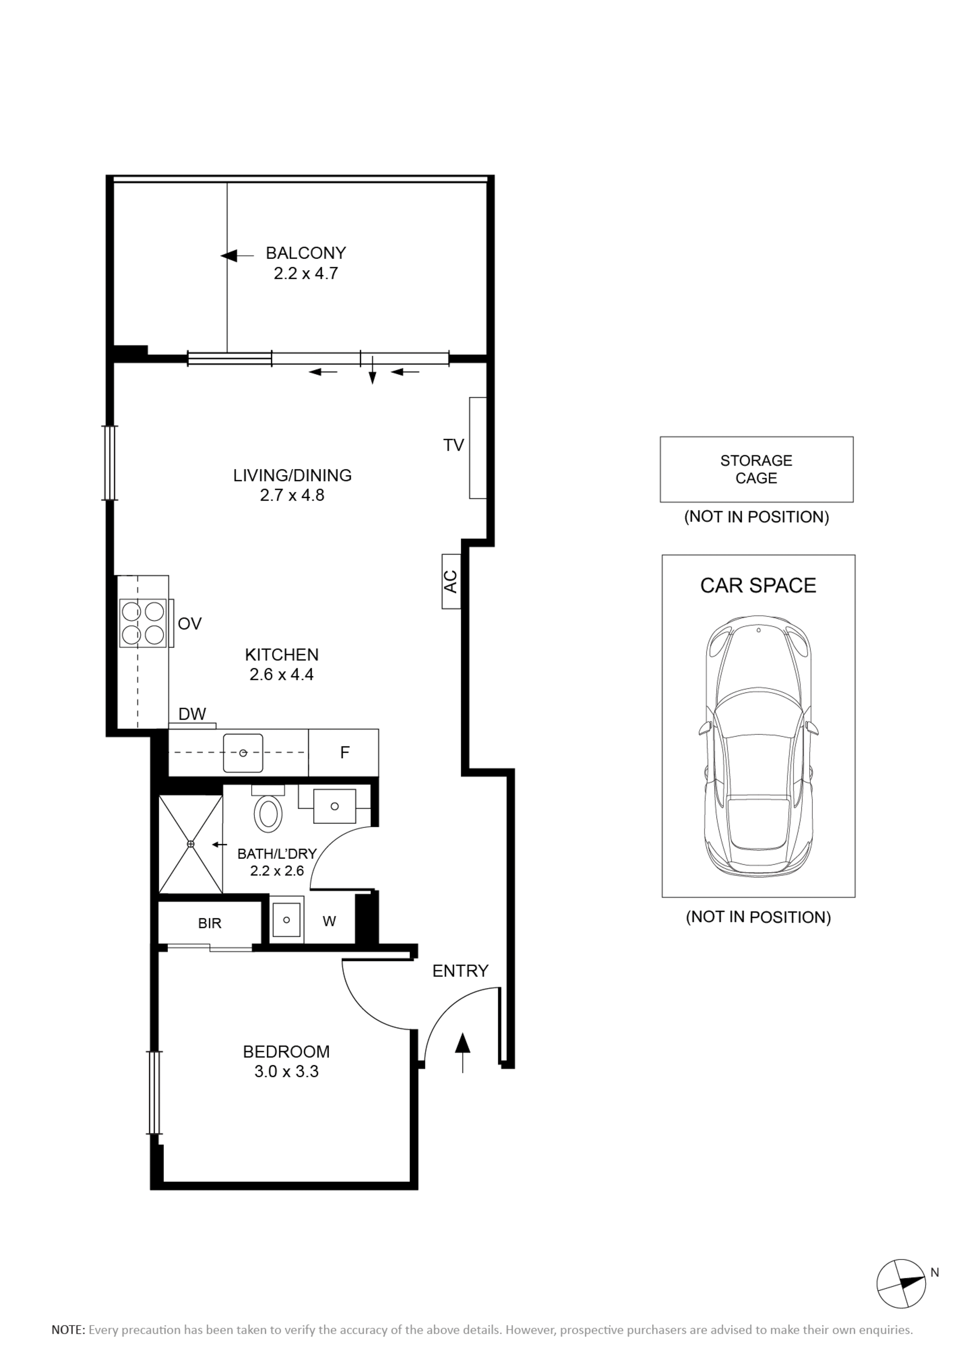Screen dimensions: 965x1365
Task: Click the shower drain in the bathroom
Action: pos(191,844)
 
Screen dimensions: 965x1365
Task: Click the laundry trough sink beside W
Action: pos(287,920)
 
